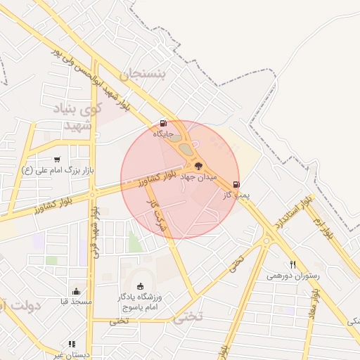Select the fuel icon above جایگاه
[x=164, y=122]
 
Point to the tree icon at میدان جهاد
[x=198, y=167]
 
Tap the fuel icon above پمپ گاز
[x=236, y=184]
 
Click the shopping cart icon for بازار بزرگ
[x=56, y=160]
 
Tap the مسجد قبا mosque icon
[x=76, y=291]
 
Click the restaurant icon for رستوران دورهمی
[x=292, y=265]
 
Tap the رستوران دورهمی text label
[x=292, y=276]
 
